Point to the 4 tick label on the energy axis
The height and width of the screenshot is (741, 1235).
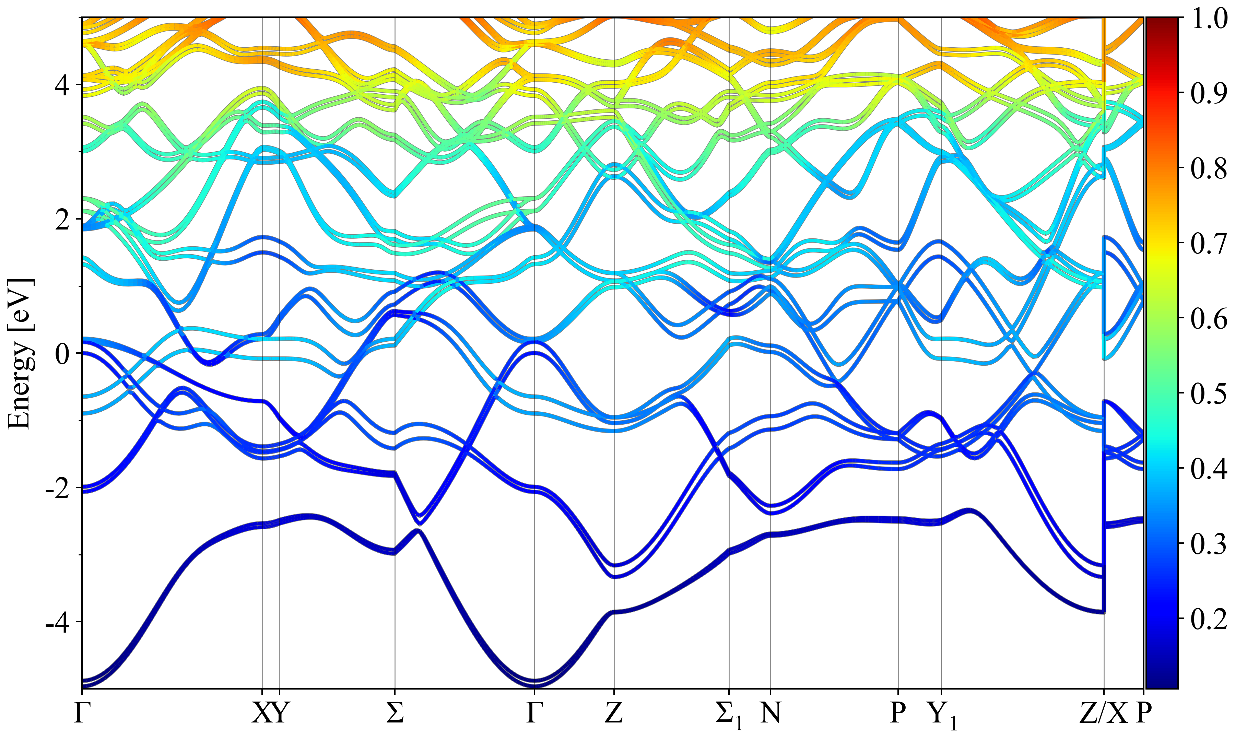pos(62,86)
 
